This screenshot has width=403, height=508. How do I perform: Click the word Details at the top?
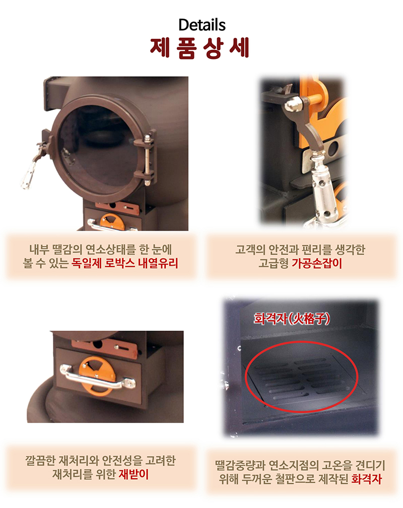point(201,25)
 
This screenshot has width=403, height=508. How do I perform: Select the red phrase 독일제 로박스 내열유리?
point(125,263)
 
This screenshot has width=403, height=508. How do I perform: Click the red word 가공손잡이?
point(317,263)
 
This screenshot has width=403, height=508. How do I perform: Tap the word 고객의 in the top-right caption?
point(249,249)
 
